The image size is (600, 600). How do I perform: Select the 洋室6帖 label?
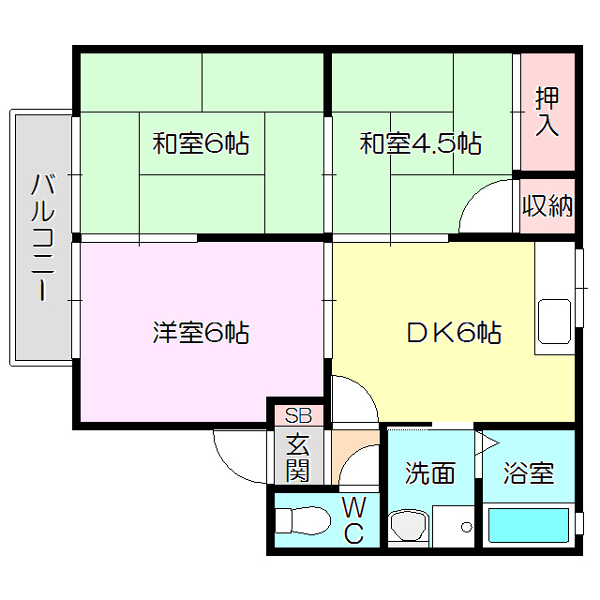pos(201,332)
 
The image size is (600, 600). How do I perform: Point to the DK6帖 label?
pos(453,332)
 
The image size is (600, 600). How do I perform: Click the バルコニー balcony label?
pos(41,236)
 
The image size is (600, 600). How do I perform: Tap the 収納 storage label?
pos(547,205)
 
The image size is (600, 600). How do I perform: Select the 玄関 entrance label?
pos(297,457)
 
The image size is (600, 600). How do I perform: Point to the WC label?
pos(354,521)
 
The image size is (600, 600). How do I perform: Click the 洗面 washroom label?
pos(430,472)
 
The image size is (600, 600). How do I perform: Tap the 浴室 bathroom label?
pos(528,472)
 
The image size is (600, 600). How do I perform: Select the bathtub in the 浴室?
pos(530,524)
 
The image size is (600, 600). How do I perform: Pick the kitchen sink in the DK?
pos(554,324)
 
